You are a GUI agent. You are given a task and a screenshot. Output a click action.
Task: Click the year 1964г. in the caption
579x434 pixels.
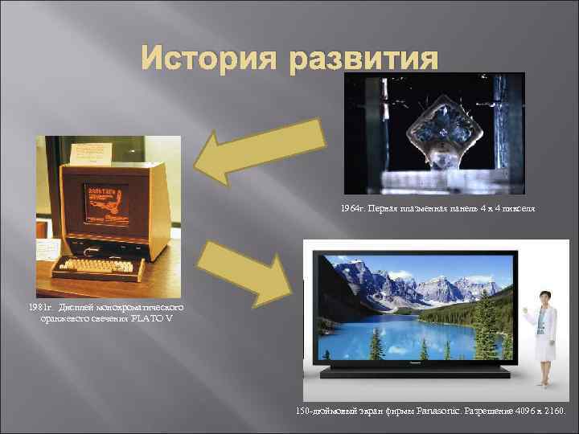[351, 209]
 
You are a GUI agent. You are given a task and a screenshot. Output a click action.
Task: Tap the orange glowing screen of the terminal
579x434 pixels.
[106, 201]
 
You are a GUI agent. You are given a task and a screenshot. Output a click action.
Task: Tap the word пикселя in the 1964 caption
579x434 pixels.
[514, 209]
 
